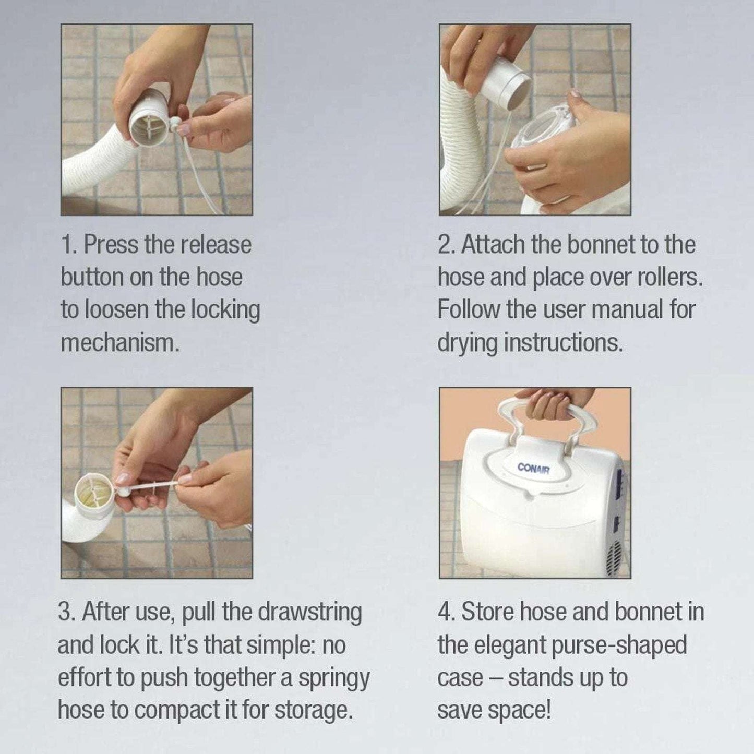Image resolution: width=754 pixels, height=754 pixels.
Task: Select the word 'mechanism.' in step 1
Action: [x=121, y=343]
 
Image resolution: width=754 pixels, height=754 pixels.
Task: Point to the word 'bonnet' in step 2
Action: [x=600, y=245]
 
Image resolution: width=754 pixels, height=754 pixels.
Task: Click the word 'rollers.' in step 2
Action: [x=669, y=277]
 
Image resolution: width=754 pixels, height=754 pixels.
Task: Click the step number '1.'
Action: [x=69, y=245]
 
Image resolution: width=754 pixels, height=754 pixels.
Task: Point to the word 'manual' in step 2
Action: [x=627, y=309]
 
